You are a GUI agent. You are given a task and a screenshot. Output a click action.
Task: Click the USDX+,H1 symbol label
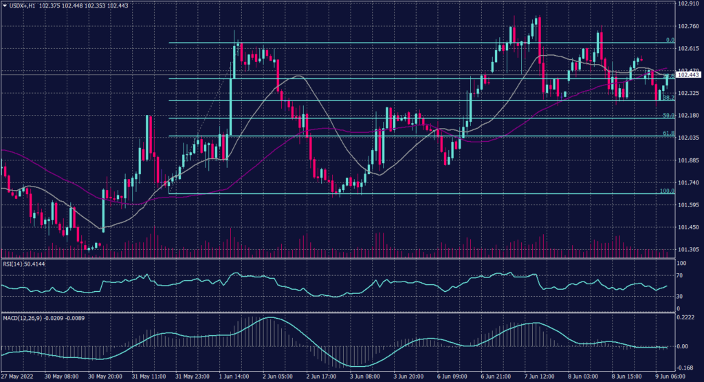click(x=24, y=6)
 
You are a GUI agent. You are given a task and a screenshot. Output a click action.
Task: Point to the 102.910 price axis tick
click(x=688, y=4)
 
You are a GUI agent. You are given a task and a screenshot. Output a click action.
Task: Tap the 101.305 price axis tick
click(x=688, y=250)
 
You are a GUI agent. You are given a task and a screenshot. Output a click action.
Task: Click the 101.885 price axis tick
click(x=688, y=160)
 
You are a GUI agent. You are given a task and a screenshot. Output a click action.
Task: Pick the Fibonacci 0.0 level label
click(x=669, y=41)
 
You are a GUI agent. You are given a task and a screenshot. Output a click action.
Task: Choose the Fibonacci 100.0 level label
click(x=666, y=191)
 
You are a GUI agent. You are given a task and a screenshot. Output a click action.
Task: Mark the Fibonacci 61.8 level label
click(x=667, y=133)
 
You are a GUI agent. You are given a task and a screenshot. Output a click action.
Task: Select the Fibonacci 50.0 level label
click(x=667, y=115)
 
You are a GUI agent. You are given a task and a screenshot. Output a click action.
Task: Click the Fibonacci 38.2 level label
click(x=667, y=98)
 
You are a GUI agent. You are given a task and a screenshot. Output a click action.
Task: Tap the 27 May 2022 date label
click(x=17, y=377)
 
